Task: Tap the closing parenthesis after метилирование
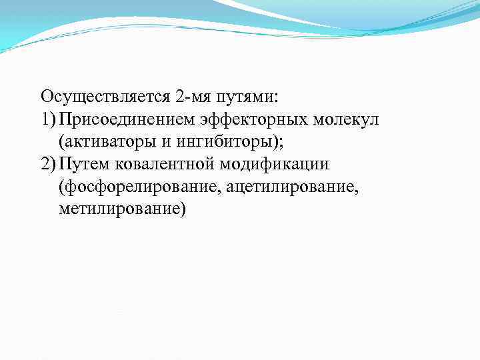point(184,209)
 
